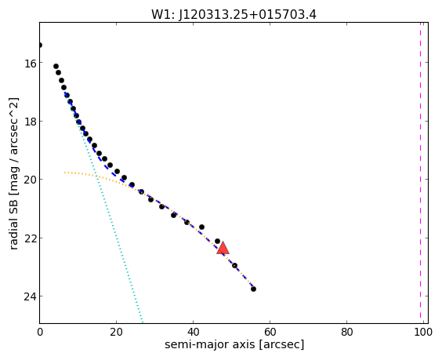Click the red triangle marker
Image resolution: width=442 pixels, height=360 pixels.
pyautogui.click(x=223, y=249)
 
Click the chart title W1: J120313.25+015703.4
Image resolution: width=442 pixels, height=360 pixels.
pyautogui.click(x=234, y=15)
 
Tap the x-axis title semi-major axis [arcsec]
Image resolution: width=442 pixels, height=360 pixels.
pyautogui.click(x=234, y=344)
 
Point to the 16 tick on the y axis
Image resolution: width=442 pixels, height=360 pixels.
pyautogui.click(x=30, y=63)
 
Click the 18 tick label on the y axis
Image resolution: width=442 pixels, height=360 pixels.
pyautogui.click(x=30, y=122)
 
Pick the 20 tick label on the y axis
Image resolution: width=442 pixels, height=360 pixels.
pyautogui.click(x=30, y=180)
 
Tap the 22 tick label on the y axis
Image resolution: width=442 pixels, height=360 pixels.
pyautogui.click(x=30, y=238)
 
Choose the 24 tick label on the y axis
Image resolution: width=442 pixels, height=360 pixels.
pyautogui.click(x=30, y=296)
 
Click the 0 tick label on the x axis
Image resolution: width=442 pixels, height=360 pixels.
pyautogui.click(x=40, y=333)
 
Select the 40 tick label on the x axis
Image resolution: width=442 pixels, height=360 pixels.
pyautogui.click(x=193, y=333)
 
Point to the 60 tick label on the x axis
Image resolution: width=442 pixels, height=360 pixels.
pyautogui.click(x=270, y=333)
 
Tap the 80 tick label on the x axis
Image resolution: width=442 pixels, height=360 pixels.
pyautogui.click(x=346, y=333)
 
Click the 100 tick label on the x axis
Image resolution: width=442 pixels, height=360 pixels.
pyautogui.click(x=423, y=333)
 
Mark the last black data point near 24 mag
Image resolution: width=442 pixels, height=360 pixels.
pyautogui.click(x=253, y=289)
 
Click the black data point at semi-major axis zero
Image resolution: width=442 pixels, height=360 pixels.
pyautogui.click(x=40, y=45)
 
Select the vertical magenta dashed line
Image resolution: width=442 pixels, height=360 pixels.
pyautogui.click(x=420, y=173)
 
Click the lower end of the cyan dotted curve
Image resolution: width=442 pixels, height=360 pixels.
pyautogui.click(x=143, y=322)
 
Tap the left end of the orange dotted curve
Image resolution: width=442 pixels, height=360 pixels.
pyautogui.click(x=65, y=172)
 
